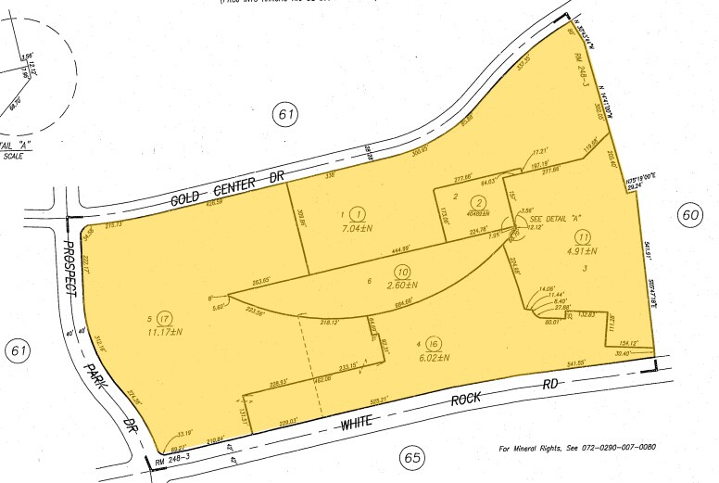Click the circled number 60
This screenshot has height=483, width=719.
tap(689, 214)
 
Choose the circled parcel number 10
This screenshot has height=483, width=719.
tap(402, 271)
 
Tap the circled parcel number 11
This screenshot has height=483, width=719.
tap(583, 236)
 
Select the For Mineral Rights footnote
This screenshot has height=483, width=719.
tap(578, 447)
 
